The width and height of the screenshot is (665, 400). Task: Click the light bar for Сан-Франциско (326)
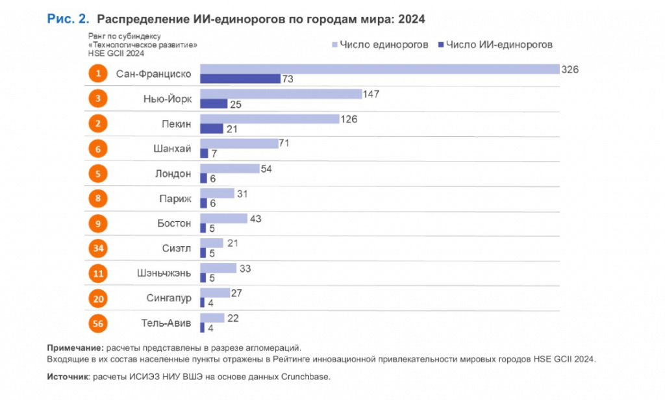point(380,69)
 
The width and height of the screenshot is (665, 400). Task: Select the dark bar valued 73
point(240,79)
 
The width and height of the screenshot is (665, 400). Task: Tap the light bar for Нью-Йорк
point(281,94)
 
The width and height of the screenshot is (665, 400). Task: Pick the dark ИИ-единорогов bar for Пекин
point(212,129)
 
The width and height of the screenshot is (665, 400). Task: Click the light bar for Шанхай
point(239,144)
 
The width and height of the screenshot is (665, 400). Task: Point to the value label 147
point(371,94)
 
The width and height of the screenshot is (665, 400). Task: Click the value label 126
point(349,119)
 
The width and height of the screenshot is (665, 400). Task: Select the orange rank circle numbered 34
point(98,248)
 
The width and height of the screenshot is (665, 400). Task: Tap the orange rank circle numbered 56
point(98,323)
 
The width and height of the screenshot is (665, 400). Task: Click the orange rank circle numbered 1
point(98,73)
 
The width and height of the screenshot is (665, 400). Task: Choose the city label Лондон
point(173,174)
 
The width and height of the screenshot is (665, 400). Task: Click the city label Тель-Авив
point(166,323)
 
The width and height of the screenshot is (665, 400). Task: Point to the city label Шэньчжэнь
point(164,273)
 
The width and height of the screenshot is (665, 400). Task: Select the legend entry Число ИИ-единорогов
point(496,45)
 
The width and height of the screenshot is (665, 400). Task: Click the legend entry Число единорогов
point(380,45)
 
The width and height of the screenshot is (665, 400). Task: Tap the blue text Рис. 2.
point(68,19)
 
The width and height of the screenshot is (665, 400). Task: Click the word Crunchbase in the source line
point(305,377)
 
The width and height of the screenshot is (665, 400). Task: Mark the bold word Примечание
point(75,348)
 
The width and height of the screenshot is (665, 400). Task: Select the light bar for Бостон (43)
point(224,218)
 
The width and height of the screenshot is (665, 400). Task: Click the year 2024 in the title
point(411,19)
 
